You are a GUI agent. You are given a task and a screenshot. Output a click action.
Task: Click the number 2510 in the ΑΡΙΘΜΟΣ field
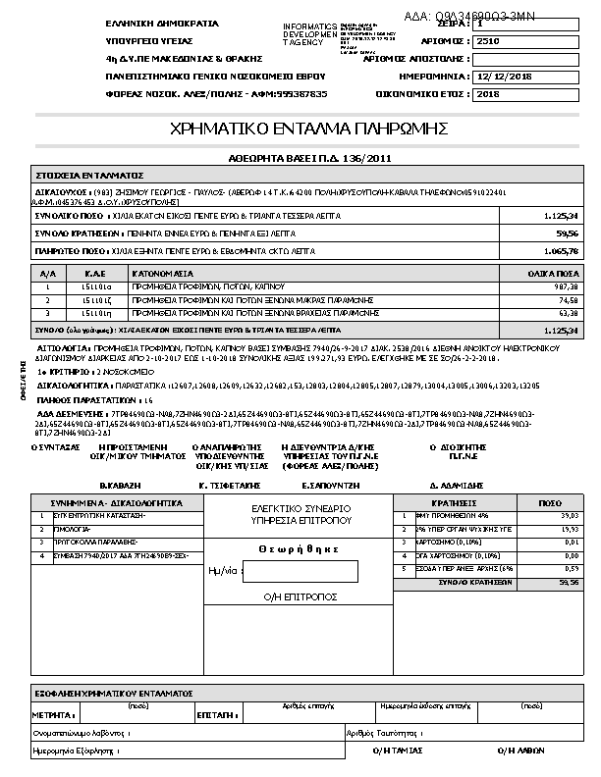click(487, 42)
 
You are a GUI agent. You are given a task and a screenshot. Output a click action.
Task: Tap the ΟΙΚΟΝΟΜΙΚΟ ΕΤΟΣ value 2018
click(487, 94)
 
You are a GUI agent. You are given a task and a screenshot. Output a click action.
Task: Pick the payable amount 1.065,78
click(561, 251)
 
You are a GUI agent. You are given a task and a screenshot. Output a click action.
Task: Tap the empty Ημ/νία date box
click(299, 571)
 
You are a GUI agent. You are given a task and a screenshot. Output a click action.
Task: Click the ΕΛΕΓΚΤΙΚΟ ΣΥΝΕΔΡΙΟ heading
click(301, 508)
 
